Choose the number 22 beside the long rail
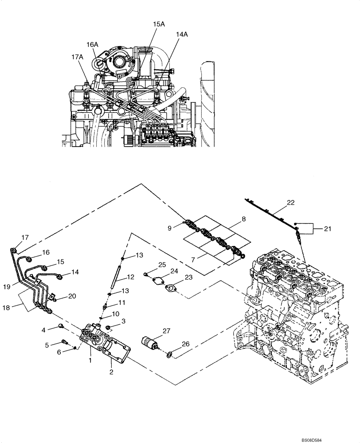point(290,202)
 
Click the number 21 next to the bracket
point(327,229)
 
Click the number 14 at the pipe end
point(74,273)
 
